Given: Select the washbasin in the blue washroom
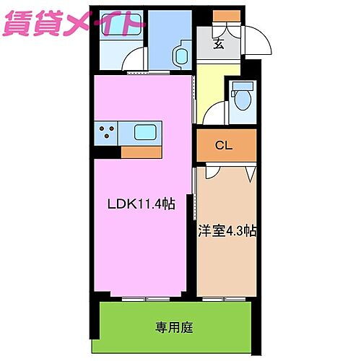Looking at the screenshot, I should click(x=180, y=56).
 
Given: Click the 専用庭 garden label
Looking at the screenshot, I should click(x=173, y=327).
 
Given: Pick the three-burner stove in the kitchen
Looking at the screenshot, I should click(x=107, y=133).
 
